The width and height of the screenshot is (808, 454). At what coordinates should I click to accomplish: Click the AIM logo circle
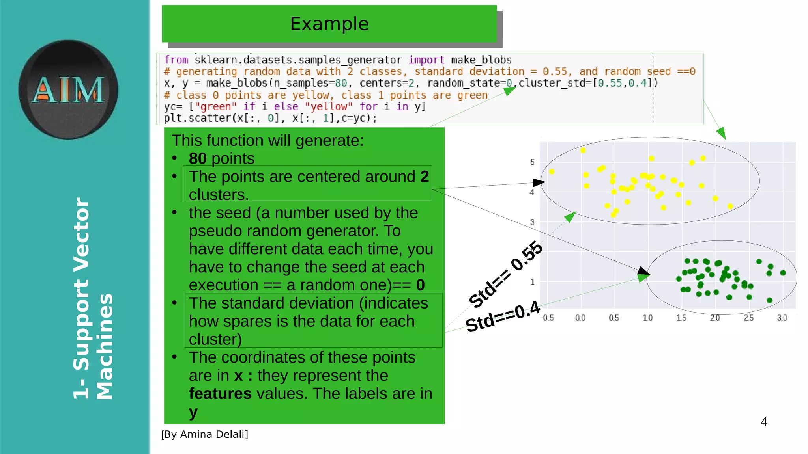point(68,90)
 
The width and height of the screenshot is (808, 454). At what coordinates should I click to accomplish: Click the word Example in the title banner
point(329,24)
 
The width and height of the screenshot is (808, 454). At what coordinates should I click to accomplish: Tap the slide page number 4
point(764,422)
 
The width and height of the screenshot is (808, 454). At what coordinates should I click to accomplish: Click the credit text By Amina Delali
point(204,434)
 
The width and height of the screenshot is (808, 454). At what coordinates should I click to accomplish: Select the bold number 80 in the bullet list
point(197,158)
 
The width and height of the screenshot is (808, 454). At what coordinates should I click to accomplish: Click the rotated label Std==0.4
point(503,316)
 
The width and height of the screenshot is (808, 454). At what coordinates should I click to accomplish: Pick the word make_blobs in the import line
point(481,60)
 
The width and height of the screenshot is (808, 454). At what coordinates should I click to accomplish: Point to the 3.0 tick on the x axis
point(782,318)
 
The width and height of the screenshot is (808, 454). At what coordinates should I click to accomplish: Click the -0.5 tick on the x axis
point(547,318)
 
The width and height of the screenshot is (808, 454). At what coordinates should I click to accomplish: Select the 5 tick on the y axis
point(532,162)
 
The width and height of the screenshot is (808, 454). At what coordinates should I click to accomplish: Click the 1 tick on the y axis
point(532,282)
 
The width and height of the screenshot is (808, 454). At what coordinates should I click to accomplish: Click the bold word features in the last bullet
point(220,394)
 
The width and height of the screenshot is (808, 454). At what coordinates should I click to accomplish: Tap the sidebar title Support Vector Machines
point(93,299)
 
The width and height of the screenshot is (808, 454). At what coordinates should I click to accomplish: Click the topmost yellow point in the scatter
point(583,150)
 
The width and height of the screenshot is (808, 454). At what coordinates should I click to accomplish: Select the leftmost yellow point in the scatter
point(552,171)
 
